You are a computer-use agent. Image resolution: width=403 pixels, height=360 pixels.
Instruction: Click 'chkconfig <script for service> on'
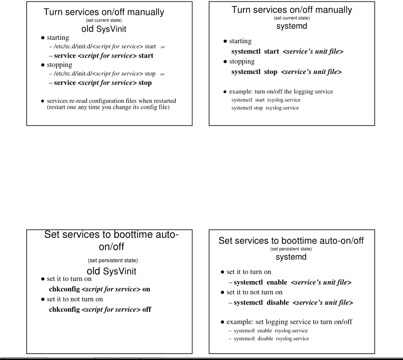tap(99, 288)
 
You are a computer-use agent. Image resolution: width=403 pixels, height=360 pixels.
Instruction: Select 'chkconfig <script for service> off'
tap(100, 309)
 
